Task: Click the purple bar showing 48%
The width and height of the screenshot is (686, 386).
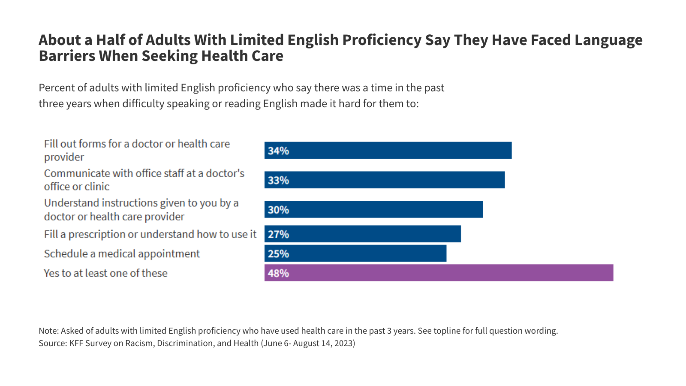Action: (439, 273)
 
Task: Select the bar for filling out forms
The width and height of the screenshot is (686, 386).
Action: (388, 150)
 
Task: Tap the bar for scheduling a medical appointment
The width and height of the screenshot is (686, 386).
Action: (355, 253)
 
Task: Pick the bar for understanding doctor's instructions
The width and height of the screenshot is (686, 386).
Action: (373, 209)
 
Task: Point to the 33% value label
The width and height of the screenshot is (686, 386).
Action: (278, 180)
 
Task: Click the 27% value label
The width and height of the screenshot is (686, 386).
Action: (278, 234)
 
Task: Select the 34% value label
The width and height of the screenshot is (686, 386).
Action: (278, 151)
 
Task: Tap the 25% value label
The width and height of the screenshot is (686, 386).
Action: (278, 254)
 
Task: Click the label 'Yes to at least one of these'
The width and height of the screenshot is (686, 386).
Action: (105, 273)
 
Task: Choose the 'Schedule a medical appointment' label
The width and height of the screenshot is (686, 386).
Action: (122, 254)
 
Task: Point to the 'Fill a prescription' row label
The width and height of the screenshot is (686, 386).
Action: (150, 234)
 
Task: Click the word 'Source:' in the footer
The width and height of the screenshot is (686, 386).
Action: (53, 343)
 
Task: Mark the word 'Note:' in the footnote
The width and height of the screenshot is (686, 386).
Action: (48, 331)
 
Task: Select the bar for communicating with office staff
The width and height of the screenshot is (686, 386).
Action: (385, 180)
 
